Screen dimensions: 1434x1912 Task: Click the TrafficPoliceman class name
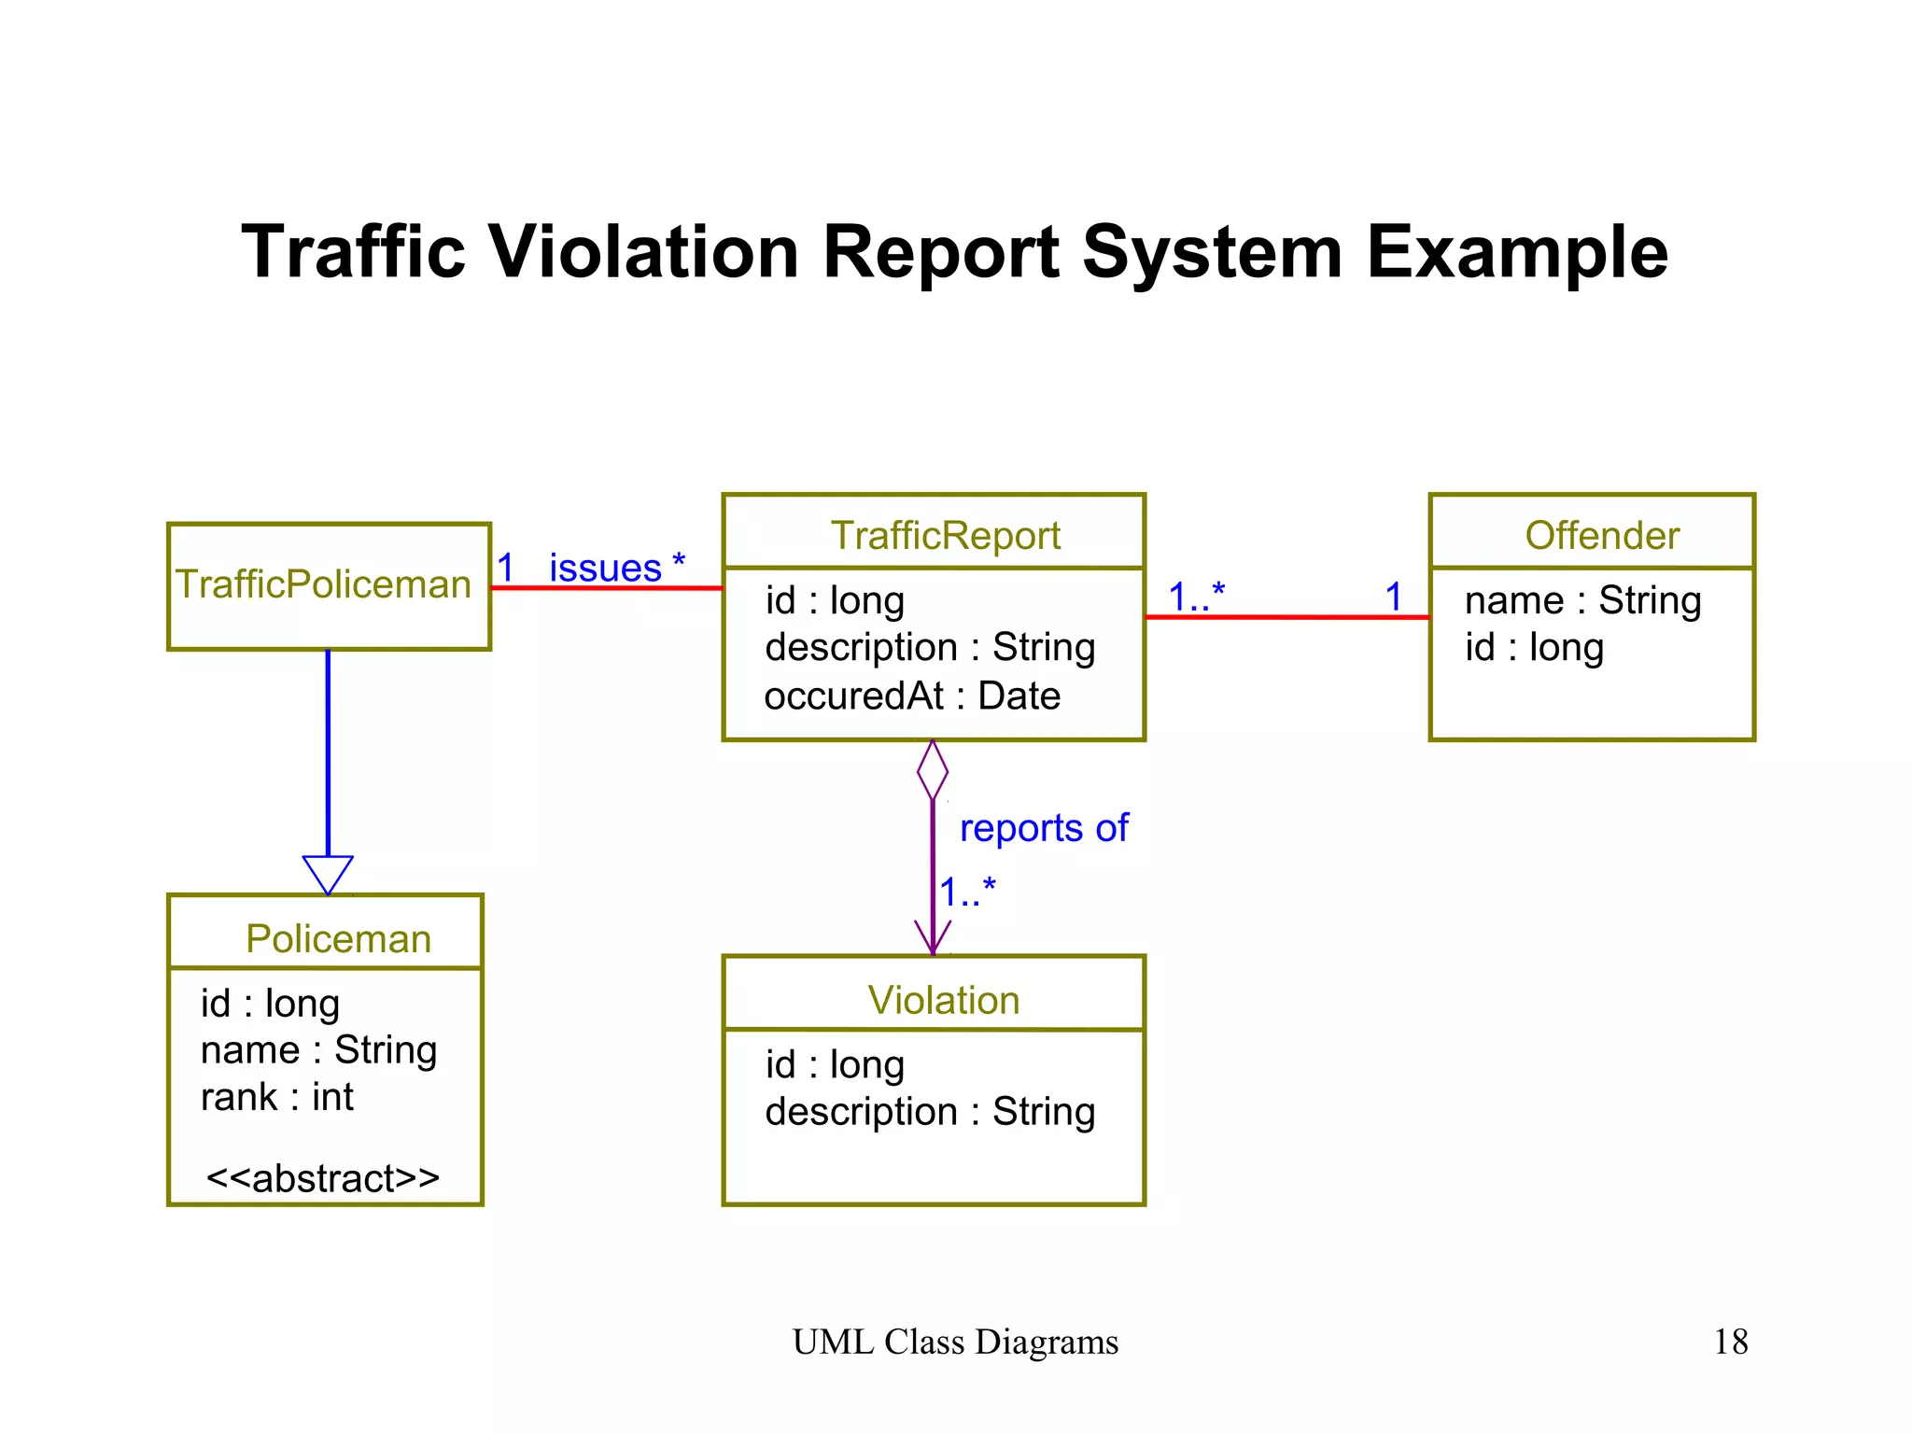pyautogui.click(x=324, y=584)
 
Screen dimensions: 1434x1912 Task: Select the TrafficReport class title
pyautogui.click(x=945, y=536)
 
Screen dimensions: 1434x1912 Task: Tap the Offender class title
pyautogui.click(x=1602, y=536)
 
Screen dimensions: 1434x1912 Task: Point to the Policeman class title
pyautogui.click(x=338, y=939)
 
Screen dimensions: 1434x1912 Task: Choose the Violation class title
pyautogui.click(x=943, y=1000)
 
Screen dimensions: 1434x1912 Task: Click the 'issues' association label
pyautogui.click(x=605, y=568)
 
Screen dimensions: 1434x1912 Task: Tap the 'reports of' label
pyautogui.click(x=1044, y=828)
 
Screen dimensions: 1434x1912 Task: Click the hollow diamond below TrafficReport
pyautogui.click(x=933, y=770)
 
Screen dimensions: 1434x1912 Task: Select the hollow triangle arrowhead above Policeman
pyautogui.click(x=328, y=874)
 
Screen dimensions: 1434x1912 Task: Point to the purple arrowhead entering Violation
pyautogui.click(x=933, y=938)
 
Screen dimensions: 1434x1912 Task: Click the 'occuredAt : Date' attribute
pyautogui.click(x=912, y=696)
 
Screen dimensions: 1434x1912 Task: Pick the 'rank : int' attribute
pyautogui.click(x=277, y=1097)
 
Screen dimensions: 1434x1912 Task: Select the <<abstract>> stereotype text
pyautogui.click(x=323, y=1178)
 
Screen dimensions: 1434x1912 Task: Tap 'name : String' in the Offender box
pyautogui.click(x=1582, y=600)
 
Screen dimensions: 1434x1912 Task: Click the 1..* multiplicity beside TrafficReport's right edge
pyautogui.click(x=1196, y=596)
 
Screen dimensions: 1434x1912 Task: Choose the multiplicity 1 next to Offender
pyautogui.click(x=1394, y=597)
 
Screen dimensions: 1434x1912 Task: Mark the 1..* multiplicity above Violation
pyautogui.click(x=968, y=893)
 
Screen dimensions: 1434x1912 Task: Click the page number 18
pyautogui.click(x=1730, y=1342)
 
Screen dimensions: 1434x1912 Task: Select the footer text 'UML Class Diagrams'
pyautogui.click(x=955, y=1342)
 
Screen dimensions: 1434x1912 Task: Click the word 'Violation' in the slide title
pyautogui.click(x=643, y=252)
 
